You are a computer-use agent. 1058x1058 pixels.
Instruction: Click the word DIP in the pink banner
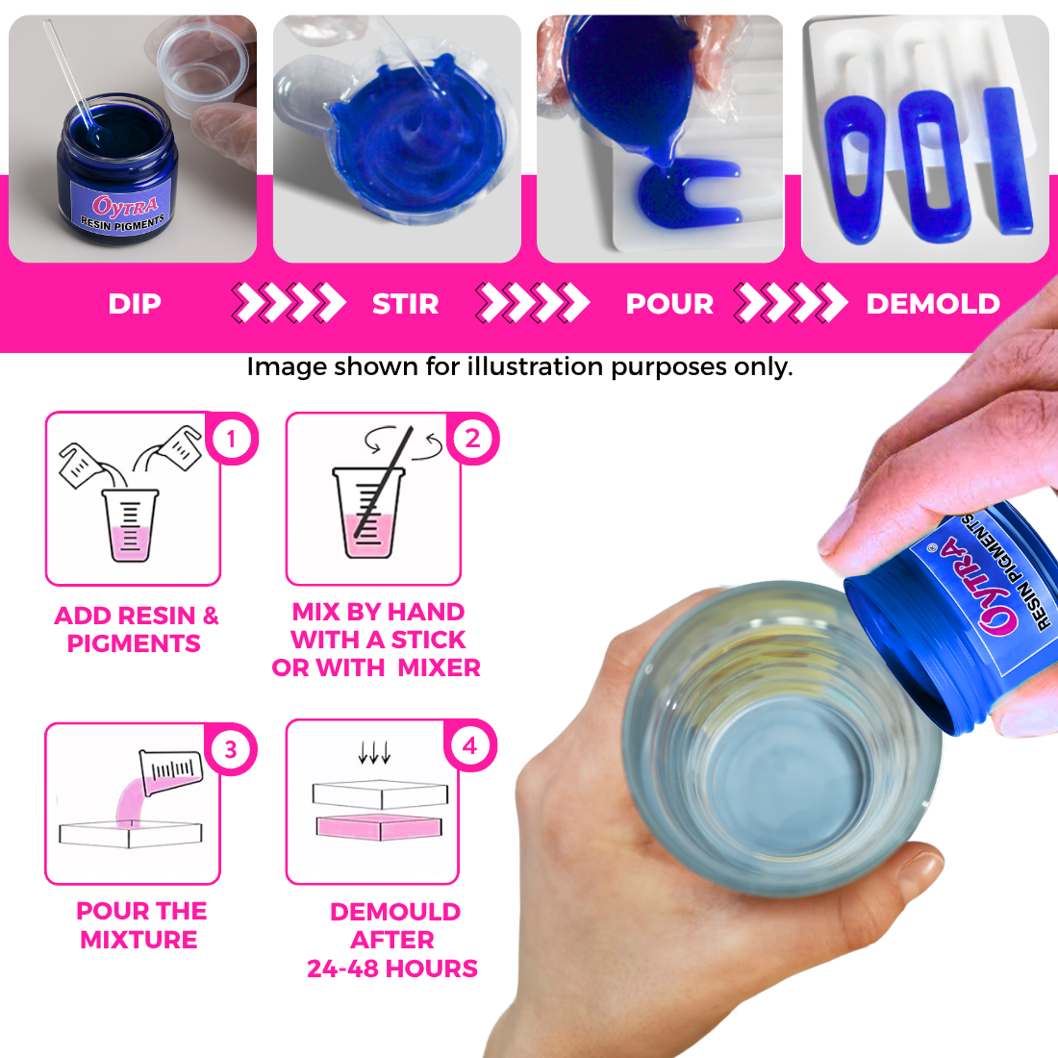135,304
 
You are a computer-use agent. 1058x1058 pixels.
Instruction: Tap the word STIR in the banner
405,304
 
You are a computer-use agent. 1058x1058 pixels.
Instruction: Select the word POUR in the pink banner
669,304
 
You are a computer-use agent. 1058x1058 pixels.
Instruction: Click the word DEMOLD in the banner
933,304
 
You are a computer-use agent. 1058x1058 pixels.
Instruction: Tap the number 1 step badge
231,440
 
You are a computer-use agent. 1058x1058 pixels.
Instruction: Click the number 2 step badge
471,439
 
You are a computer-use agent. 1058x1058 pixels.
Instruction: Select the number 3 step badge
231,749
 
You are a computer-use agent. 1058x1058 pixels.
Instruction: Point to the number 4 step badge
469,745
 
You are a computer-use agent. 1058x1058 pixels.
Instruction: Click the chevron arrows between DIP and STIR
289,303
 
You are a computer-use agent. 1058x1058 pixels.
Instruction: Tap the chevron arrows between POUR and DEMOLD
791,303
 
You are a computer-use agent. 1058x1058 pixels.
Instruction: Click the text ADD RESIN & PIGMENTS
136,629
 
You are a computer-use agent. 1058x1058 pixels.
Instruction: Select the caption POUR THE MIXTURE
140,924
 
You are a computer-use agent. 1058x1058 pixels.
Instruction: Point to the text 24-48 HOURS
392,969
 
